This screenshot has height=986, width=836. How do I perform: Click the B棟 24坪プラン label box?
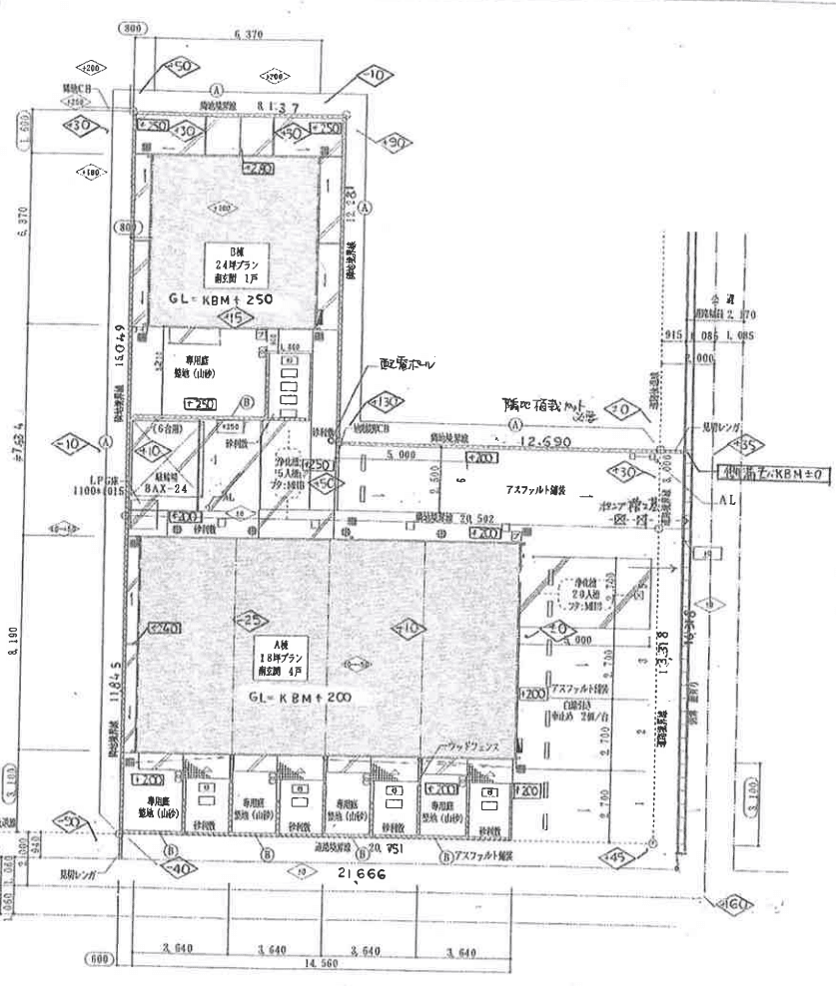[x=238, y=261]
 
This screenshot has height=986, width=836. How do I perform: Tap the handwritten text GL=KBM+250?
[x=222, y=299]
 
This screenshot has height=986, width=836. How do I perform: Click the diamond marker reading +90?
[x=397, y=144]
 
